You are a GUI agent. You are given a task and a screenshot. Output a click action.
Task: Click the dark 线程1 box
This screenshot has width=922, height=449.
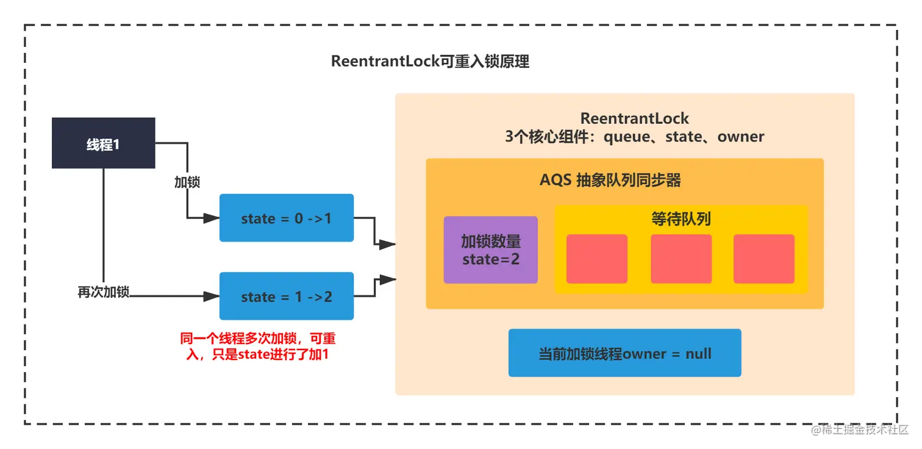[x=103, y=143]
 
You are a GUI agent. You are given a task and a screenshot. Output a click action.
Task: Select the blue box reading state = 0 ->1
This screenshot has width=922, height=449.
[x=287, y=218]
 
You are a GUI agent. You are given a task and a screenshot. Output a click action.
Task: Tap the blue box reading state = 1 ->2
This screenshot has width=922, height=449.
[x=287, y=296]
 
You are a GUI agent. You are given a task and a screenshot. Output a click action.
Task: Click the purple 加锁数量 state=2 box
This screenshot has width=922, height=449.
[x=490, y=250]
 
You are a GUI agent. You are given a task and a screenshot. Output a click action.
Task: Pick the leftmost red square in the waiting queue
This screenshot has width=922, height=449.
[x=596, y=259]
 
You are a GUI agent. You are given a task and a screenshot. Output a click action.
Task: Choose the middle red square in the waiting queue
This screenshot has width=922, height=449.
[x=681, y=259]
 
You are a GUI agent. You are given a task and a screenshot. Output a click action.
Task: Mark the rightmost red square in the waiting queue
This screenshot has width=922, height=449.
[x=763, y=259]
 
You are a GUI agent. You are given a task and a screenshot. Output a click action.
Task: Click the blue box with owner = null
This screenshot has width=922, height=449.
[x=624, y=353]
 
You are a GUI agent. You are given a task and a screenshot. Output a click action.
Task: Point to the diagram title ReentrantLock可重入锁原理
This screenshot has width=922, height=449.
[x=430, y=62]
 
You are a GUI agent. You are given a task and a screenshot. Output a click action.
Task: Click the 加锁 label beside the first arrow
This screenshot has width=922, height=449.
[x=187, y=182]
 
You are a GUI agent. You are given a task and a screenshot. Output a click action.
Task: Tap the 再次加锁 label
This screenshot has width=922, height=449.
[x=103, y=292]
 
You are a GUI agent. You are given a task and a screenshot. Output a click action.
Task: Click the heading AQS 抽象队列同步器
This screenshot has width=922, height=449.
[x=610, y=181]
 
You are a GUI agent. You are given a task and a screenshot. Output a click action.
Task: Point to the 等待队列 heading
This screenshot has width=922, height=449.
[x=681, y=219]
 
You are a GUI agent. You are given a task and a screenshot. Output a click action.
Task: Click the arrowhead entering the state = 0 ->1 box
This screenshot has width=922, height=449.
[x=212, y=218]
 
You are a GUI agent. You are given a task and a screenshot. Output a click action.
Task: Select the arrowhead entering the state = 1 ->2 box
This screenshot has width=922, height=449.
[x=212, y=296]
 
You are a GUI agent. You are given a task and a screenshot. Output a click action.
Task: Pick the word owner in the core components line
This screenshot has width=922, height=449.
[x=741, y=137]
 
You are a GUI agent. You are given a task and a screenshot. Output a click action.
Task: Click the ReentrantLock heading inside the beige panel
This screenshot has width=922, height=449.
[x=634, y=118]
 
